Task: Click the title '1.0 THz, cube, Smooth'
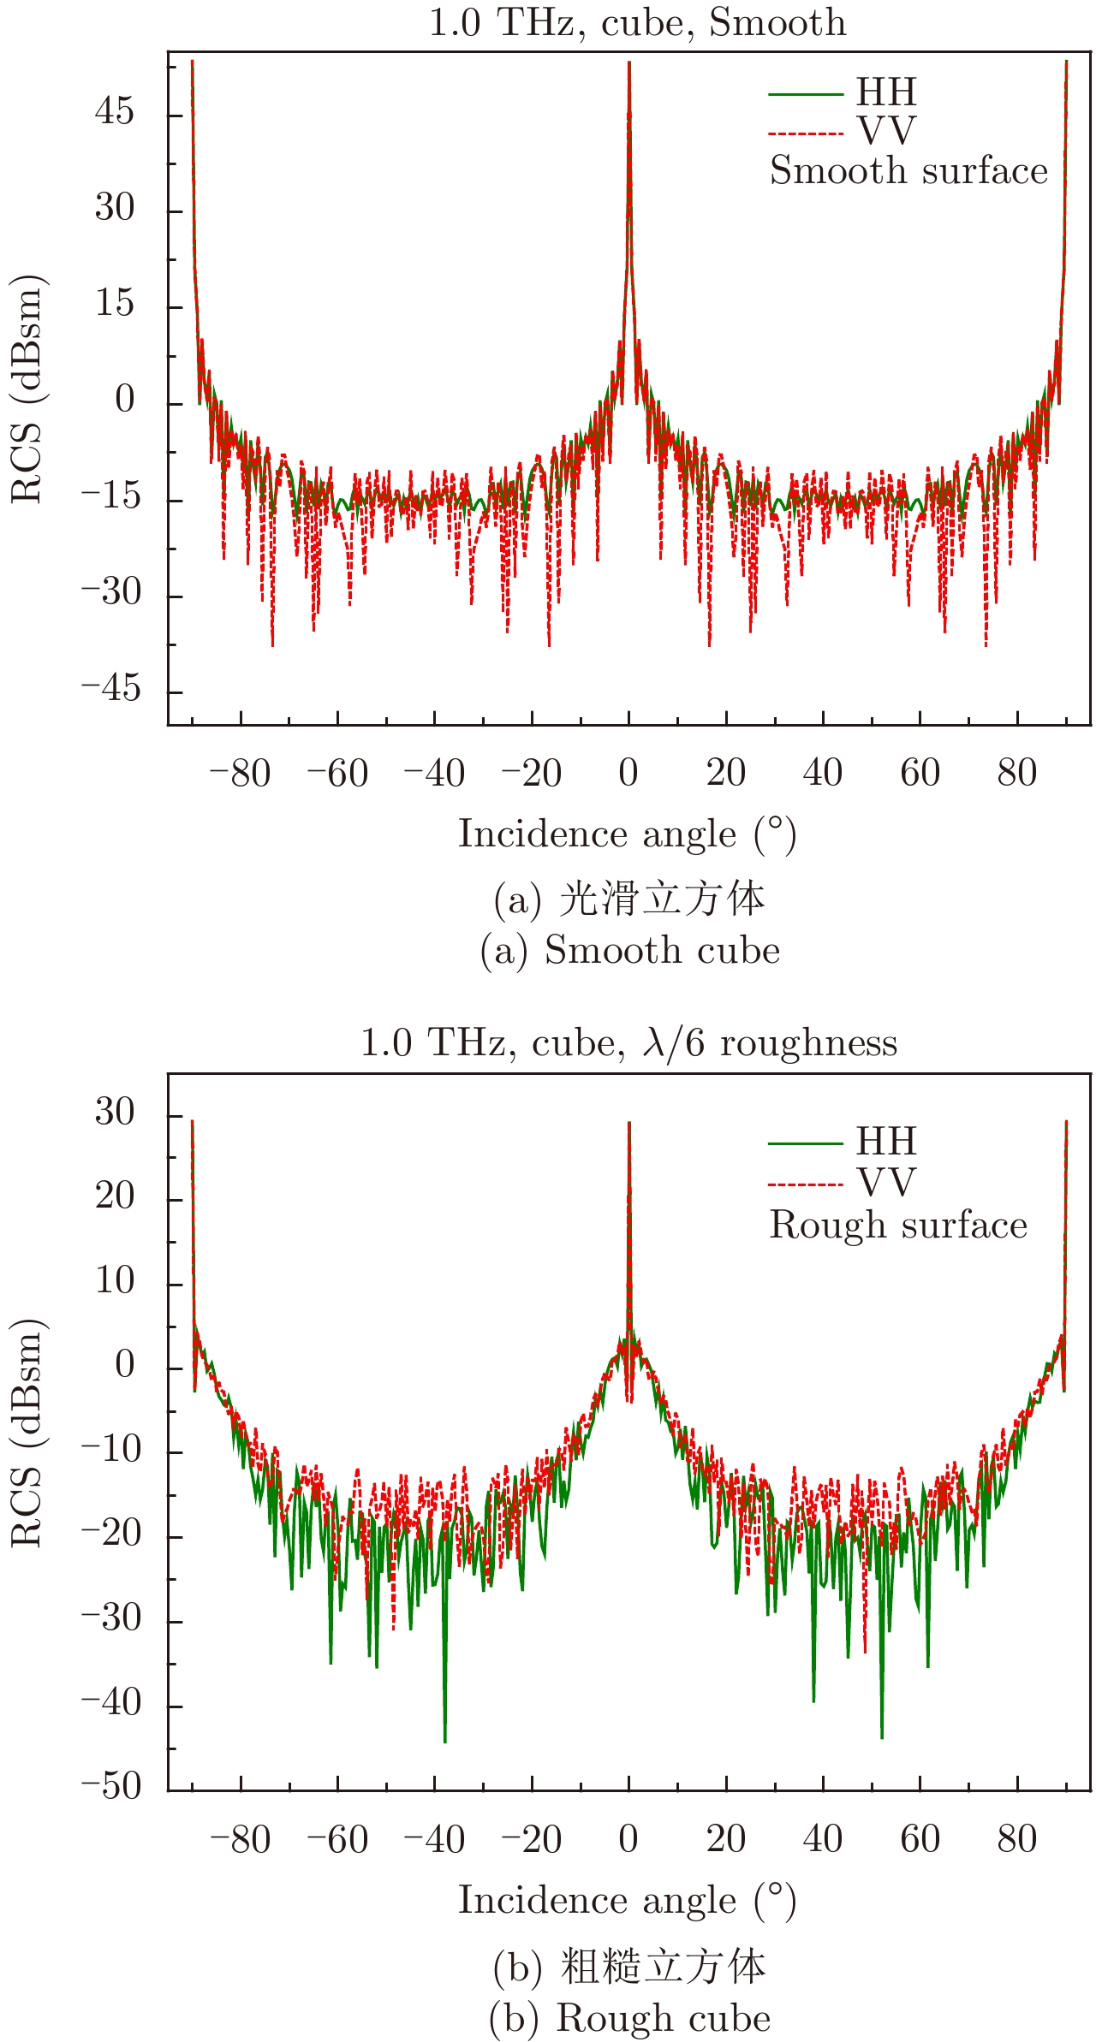click(637, 22)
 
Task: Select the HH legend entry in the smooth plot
click(886, 92)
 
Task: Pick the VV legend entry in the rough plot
click(886, 1183)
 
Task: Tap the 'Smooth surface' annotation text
click(908, 170)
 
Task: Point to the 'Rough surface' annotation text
click(898, 1225)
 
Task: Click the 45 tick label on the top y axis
click(115, 112)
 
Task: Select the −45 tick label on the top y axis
click(110, 689)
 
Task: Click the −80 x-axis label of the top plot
click(240, 774)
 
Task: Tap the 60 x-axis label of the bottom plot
click(920, 1839)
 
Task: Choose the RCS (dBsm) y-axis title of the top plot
click(27, 389)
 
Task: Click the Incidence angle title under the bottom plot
click(628, 1901)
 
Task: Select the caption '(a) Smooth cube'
click(630, 951)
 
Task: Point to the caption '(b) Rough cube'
click(629, 2018)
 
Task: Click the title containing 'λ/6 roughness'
click(628, 1042)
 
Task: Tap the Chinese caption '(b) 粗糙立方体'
click(629, 1966)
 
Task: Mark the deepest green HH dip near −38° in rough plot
click(444, 1740)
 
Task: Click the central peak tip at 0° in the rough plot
click(629, 1123)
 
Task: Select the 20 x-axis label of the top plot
click(726, 774)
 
